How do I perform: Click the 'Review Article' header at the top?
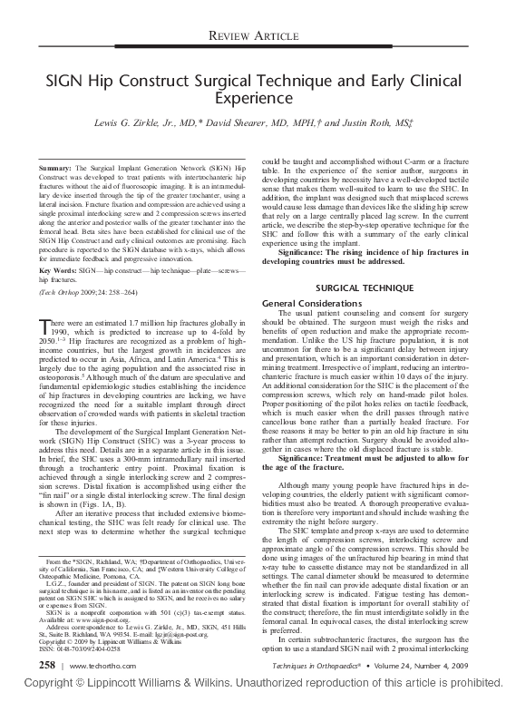tap(253, 35)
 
